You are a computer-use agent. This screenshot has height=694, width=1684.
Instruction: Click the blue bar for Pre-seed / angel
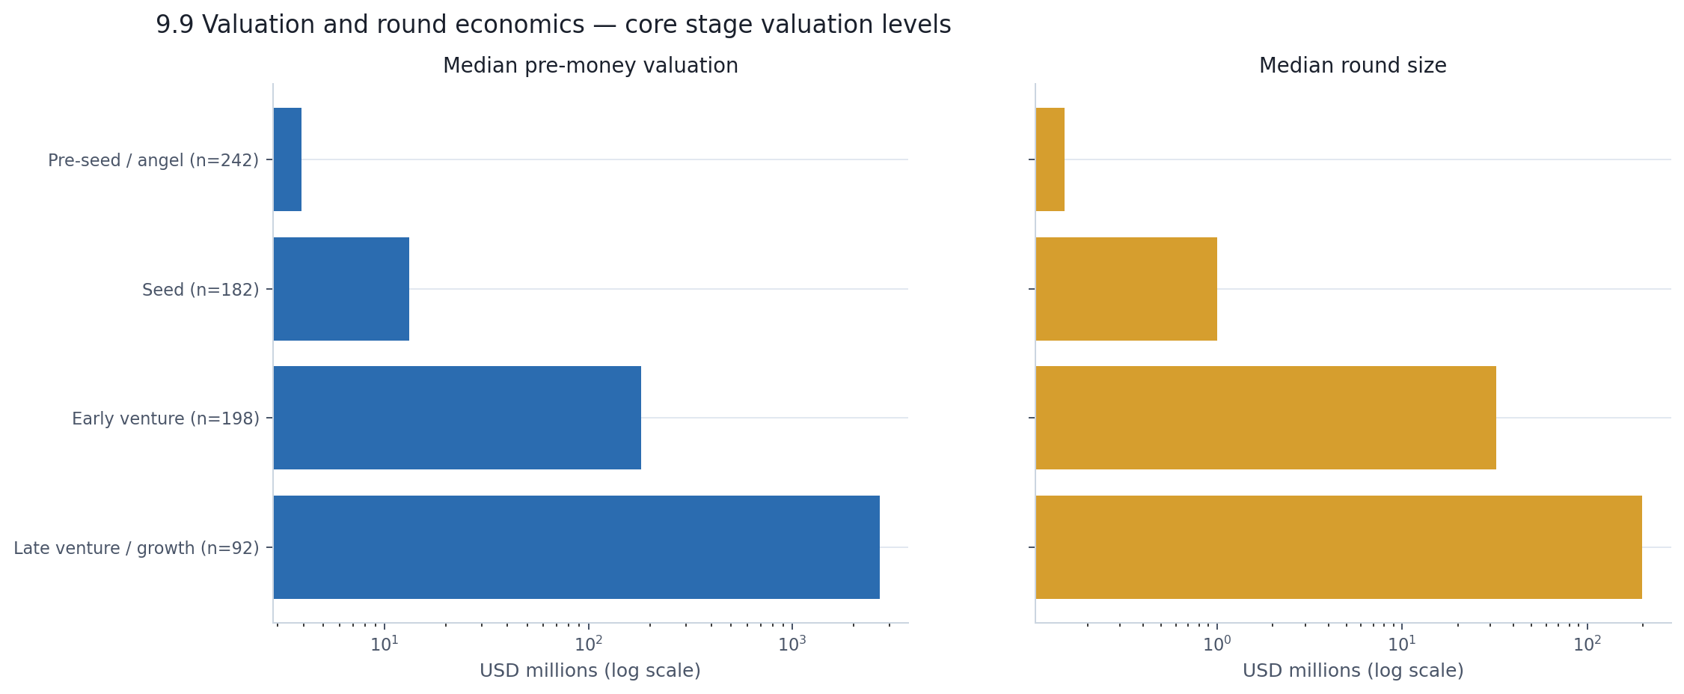(x=287, y=159)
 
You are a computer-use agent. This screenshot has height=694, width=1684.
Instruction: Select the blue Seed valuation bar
(x=341, y=289)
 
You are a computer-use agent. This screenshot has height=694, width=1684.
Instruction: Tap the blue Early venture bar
(x=457, y=418)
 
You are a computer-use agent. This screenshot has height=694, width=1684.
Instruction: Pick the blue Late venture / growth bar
(x=576, y=547)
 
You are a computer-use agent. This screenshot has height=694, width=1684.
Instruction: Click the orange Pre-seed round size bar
(x=1050, y=159)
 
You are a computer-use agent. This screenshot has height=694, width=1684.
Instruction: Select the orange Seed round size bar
(x=1126, y=289)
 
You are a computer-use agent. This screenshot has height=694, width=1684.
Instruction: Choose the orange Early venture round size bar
(x=1266, y=418)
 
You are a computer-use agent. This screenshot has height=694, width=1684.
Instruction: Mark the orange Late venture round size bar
(x=1338, y=547)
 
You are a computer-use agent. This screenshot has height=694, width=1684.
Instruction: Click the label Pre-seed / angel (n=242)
(x=153, y=160)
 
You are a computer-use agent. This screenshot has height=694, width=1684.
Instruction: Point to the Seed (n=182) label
(x=200, y=290)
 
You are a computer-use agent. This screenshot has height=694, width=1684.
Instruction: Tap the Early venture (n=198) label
(x=165, y=418)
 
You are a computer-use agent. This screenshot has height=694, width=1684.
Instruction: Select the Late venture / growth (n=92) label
(x=136, y=548)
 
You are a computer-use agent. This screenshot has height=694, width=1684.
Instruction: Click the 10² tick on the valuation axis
(x=588, y=644)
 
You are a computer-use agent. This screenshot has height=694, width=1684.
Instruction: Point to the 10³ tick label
(x=792, y=644)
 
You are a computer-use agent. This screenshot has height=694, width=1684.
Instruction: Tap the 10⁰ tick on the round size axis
(x=1216, y=644)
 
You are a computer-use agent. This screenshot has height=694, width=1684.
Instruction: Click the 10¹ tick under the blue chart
(x=385, y=644)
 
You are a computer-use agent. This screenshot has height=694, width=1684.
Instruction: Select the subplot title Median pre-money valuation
(x=590, y=66)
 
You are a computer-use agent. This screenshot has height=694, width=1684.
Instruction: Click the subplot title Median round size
(x=1353, y=66)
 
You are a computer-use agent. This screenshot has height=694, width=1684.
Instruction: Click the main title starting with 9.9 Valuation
(x=553, y=25)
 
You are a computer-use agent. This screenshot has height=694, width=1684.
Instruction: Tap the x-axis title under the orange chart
(x=1353, y=671)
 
